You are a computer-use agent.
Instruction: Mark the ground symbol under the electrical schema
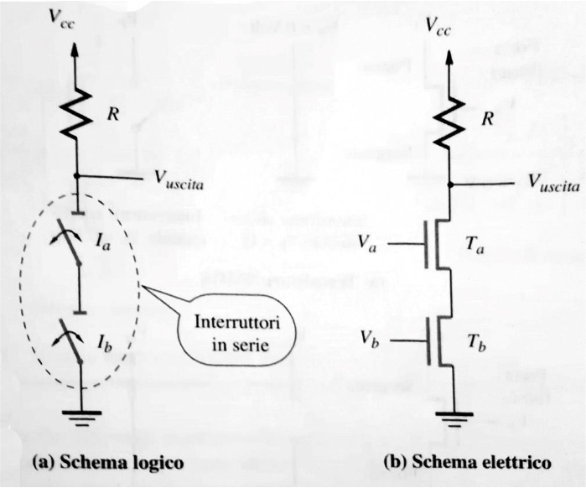pos(454,418)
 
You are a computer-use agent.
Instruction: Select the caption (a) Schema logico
pos(106,462)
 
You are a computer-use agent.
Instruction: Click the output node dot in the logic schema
pos(76,176)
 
